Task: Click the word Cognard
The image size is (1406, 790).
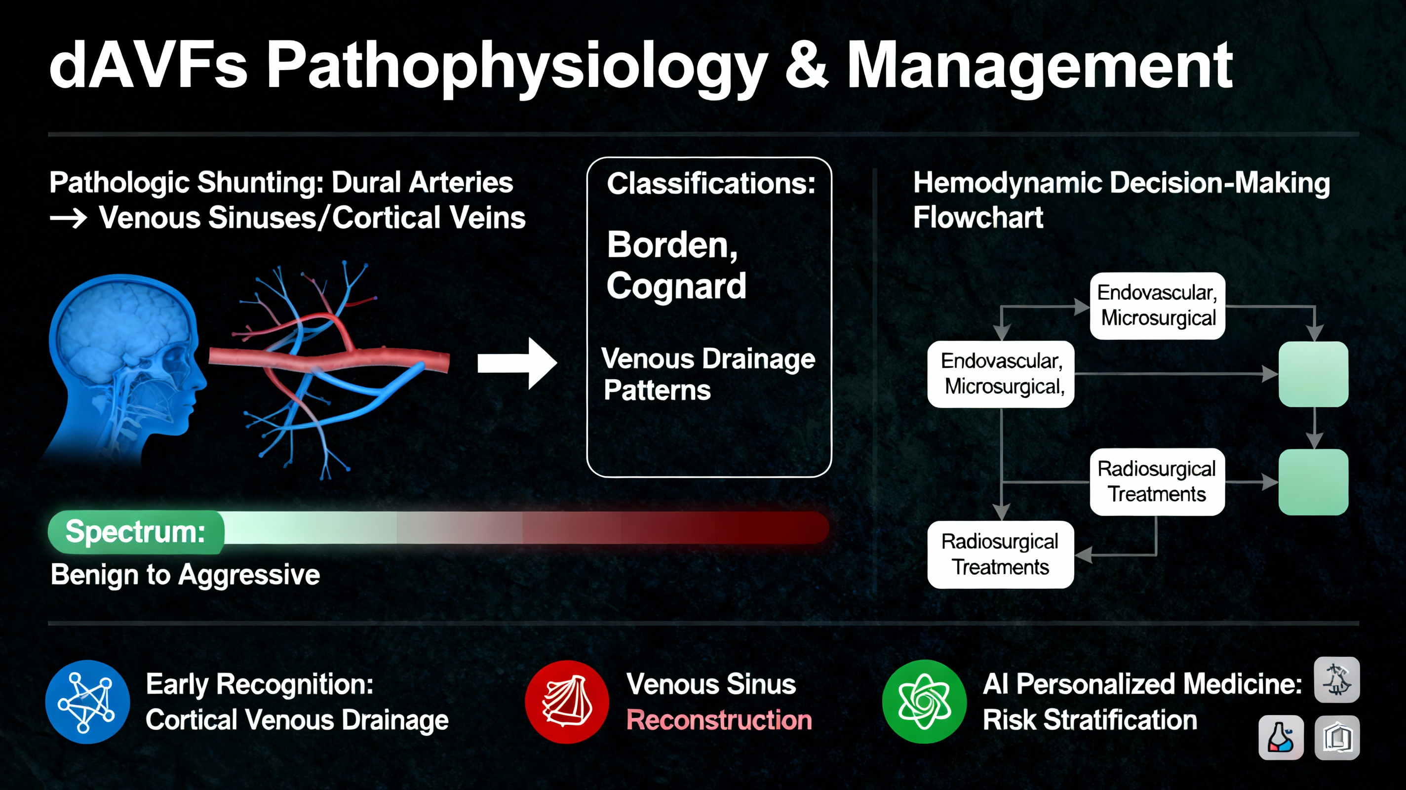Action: point(676,286)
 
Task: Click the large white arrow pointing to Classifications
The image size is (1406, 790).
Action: point(516,363)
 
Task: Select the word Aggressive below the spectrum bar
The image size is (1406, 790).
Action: point(249,575)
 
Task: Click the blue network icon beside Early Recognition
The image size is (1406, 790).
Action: point(87,702)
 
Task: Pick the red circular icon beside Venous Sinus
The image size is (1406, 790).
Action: point(567,702)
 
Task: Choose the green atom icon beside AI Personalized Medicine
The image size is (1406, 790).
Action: point(924,702)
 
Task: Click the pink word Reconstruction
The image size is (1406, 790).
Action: point(719,720)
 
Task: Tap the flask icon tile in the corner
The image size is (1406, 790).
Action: point(1281,738)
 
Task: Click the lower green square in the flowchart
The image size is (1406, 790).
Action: point(1313,482)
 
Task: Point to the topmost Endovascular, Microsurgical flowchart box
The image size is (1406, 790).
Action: point(1157,306)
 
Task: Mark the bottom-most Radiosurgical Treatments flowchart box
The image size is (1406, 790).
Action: point(1001,554)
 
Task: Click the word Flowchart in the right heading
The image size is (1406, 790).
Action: point(978,218)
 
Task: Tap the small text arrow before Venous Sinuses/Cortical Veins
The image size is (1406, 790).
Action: point(68,219)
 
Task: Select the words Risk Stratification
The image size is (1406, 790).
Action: point(1090,720)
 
